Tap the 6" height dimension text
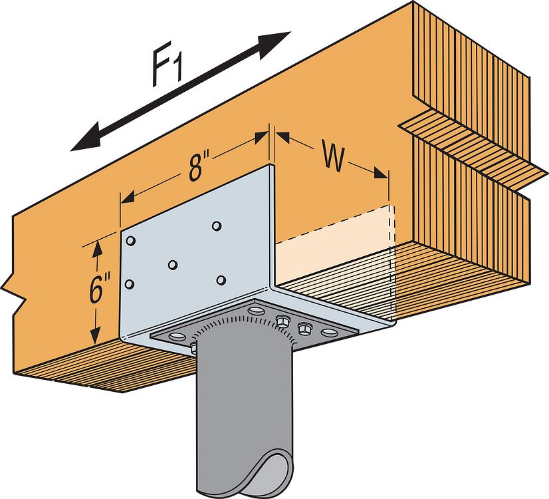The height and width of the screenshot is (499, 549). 100,291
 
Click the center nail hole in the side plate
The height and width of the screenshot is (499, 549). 172,265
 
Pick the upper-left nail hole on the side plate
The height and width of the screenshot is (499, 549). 131,240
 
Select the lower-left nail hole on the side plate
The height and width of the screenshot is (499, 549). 130,284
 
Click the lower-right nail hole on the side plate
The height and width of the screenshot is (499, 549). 221,280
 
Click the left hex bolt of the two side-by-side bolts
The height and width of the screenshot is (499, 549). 282,321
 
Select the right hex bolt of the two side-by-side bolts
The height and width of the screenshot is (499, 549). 305,327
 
